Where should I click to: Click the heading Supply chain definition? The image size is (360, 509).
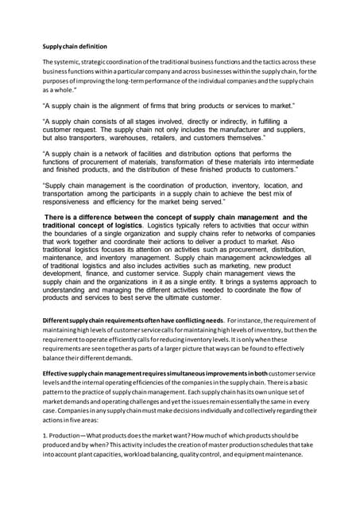[77, 46]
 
